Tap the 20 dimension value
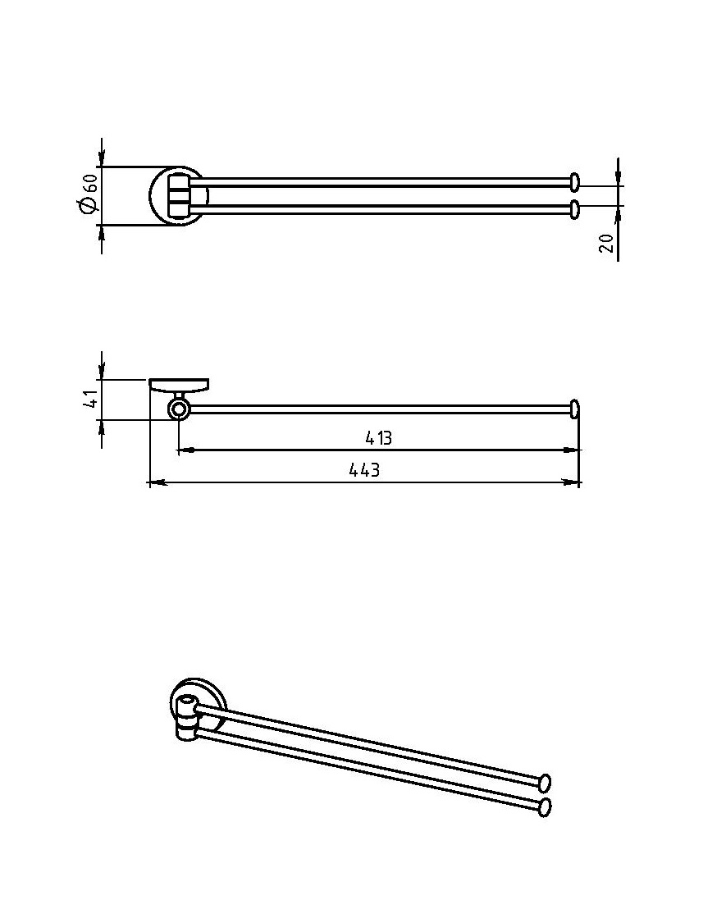click(x=606, y=243)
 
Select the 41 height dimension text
click(x=91, y=399)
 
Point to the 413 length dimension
click(x=378, y=438)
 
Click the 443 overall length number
click(x=364, y=470)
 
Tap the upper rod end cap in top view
click(x=575, y=181)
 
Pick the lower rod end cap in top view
click(x=575, y=209)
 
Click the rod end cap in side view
click(x=575, y=409)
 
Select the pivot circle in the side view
click(x=177, y=409)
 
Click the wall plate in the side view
click(x=178, y=386)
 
